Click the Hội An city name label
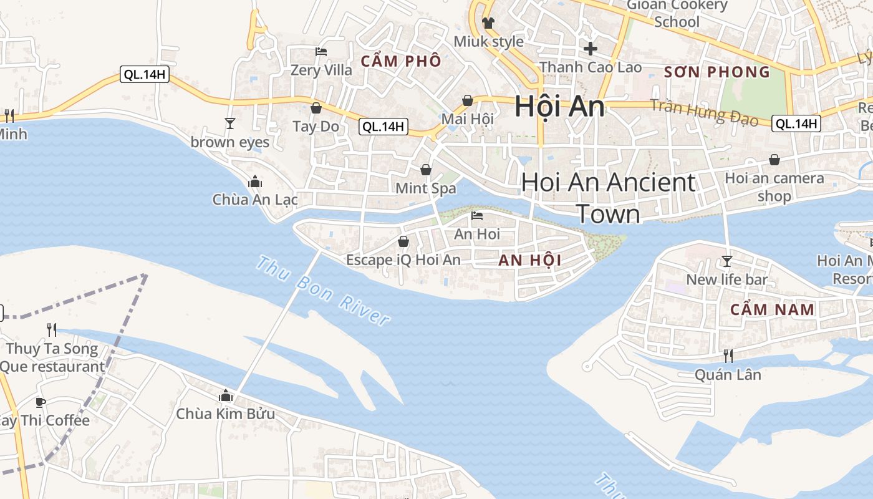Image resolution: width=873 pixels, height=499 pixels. [x=559, y=107]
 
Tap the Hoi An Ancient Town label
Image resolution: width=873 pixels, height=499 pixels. [x=608, y=198]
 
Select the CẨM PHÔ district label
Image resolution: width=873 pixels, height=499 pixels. [x=401, y=61]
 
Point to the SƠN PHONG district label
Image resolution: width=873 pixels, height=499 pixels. [x=717, y=72]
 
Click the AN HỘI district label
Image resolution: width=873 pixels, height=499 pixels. [x=529, y=261]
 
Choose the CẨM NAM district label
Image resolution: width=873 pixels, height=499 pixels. [x=772, y=309]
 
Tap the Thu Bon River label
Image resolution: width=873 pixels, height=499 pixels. [x=323, y=291]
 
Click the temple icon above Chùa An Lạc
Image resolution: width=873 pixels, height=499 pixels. [x=254, y=182]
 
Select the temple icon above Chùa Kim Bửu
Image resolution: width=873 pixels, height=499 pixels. [x=226, y=396]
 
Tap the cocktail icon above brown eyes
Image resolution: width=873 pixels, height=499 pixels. [x=229, y=124]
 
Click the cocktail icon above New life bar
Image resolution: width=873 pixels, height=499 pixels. [x=726, y=261]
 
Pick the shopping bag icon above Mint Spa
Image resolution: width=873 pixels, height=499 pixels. [x=426, y=170]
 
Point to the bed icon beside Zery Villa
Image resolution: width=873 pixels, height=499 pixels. [x=321, y=52]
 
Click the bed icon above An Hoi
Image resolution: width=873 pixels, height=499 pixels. [x=477, y=216]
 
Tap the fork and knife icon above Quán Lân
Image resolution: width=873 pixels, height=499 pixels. [x=728, y=356]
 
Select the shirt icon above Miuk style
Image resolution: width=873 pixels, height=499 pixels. [x=488, y=23]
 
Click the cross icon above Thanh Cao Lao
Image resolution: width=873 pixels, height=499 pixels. [x=590, y=48]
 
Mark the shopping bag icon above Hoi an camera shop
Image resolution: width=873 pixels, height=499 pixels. [x=774, y=160]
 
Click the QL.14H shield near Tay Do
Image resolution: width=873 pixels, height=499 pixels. [x=383, y=127]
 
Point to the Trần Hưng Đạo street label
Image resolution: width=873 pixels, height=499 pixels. [x=704, y=113]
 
